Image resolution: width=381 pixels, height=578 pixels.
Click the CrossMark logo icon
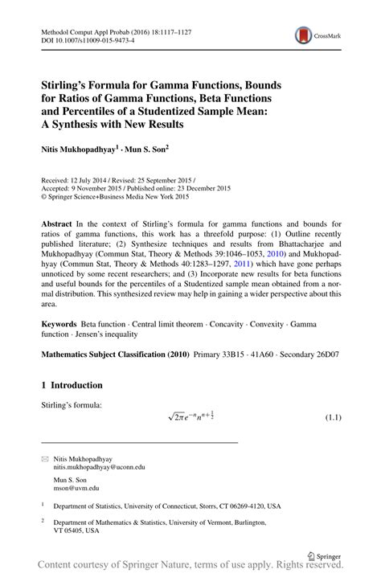point(305,35)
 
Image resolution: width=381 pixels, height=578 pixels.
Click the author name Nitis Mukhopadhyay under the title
point(80,148)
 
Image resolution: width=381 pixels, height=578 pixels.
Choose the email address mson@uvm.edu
point(76,486)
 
